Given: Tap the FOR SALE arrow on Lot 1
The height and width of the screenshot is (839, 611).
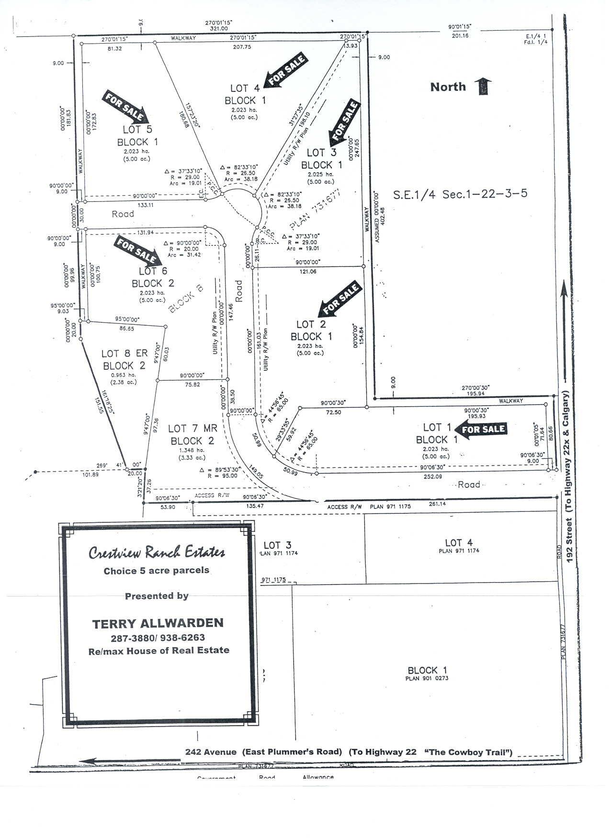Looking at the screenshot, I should coord(480,429).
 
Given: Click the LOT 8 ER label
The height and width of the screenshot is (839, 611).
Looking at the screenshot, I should coord(124,353).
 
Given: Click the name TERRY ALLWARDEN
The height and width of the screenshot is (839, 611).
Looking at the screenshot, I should coord(158,623).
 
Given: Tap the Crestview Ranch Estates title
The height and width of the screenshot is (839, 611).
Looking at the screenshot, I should coord(157,553).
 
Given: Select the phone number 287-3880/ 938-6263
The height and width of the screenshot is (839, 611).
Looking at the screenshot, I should coord(158,638).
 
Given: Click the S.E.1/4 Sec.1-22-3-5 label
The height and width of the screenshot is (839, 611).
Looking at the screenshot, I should coord(460,194).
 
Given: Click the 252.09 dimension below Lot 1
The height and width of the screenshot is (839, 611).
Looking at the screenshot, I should coord(432,476).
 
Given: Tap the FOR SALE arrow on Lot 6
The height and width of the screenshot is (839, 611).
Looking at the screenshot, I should coord(137,251).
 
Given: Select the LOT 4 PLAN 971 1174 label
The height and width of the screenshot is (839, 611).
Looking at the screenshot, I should coord(459,545).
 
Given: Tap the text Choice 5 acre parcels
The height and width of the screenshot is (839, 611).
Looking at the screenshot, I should coord(157,571).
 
